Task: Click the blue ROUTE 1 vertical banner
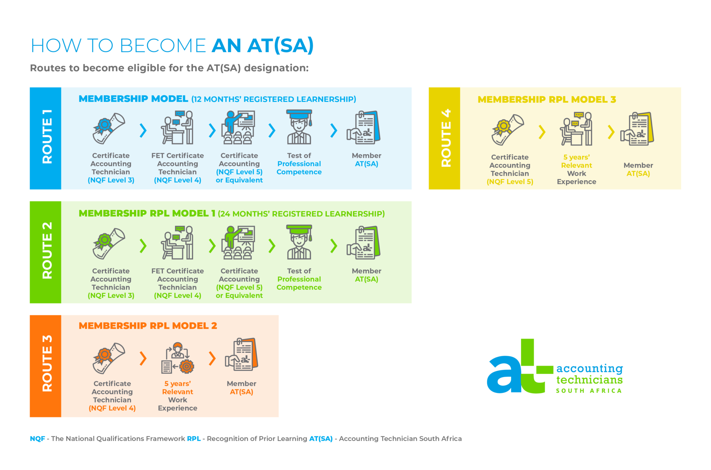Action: [45, 138]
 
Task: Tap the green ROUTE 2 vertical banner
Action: [45, 252]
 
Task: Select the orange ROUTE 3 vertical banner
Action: [45, 366]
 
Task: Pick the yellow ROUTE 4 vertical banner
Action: [444, 138]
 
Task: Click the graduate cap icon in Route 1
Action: [299, 127]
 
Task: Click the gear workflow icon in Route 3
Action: [178, 358]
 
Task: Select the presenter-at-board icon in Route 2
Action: [239, 242]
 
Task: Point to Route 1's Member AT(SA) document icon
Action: [364, 127]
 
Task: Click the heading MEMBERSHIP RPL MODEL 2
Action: [148, 326]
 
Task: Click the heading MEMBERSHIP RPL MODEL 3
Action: [547, 100]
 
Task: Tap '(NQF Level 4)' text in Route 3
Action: [112, 408]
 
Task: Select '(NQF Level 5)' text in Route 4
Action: [510, 182]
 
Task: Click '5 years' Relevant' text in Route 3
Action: [177, 388]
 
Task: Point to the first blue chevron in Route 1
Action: [143, 130]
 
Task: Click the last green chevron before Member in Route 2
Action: [334, 246]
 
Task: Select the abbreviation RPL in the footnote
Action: [194, 439]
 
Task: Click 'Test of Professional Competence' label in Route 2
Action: [299, 279]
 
